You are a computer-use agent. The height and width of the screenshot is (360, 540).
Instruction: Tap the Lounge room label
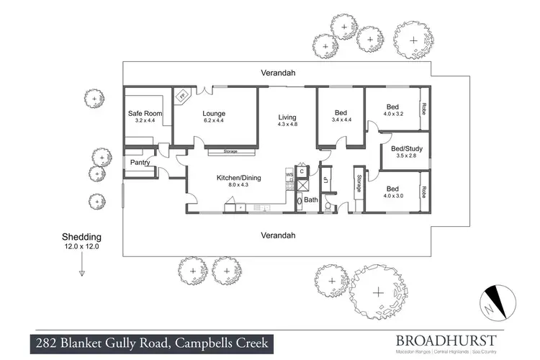click(x=214, y=117)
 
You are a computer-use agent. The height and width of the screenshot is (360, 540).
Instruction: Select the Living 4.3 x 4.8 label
click(x=287, y=120)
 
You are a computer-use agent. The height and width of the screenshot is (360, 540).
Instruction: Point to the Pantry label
click(x=140, y=163)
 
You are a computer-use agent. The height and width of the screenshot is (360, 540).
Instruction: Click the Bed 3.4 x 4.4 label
click(x=341, y=117)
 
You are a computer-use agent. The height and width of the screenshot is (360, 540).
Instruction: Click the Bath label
click(x=311, y=199)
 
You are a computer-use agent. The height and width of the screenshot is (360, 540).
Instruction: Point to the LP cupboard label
click(x=325, y=180)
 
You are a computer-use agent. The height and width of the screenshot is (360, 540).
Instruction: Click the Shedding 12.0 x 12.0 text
click(x=81, y=240)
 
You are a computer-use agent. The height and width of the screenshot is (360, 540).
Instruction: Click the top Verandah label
click(x=278, y=73)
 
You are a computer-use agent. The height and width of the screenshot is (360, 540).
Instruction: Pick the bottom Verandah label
click(x=278, y=235)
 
